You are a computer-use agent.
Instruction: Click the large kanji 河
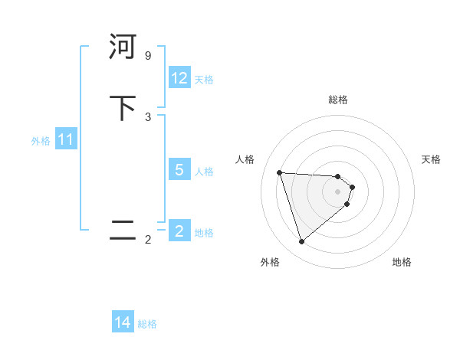[x=123, y=47]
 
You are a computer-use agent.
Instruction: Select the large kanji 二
[x=123, y=231]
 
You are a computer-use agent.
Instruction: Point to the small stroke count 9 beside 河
[x=148, y=56]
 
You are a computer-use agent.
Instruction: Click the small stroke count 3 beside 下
[x=148, y=117]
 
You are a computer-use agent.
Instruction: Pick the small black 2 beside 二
[x=148, y=240]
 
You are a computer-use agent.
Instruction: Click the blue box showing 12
[x=179, y=78]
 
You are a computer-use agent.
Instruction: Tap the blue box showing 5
[x=179, y=170]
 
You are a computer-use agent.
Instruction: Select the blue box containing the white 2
[x=179, y=231]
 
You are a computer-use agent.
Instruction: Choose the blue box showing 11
[x=65, y=140]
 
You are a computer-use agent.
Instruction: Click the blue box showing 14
[x=123, y=323]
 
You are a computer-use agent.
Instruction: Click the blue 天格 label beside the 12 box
[x=204, y=80]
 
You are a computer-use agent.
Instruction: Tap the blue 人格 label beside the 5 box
[x=204, y=172]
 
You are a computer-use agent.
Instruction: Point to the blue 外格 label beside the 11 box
[x=41, y=141]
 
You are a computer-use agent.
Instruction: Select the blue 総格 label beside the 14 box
[x=147, y=324]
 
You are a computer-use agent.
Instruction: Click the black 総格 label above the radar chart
[x=338, y=100]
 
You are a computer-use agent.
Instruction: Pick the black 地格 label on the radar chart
[x=402, y=262]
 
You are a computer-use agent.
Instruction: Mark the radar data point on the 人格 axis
[x=280, y=172]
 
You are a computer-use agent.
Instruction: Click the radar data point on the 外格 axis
[x=301, y=242]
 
